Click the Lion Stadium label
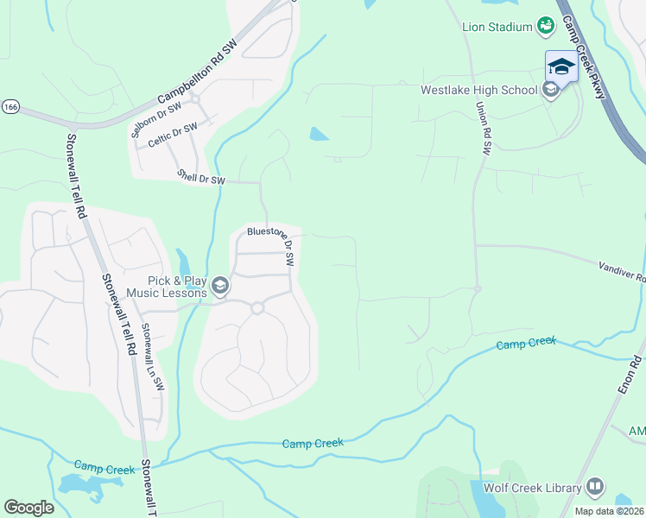(x=496, y=27)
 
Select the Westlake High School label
(x=478, y=90)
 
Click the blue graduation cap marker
(x=561, y=66)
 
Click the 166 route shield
(x=9, y=107)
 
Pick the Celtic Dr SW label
(x=172, y=136)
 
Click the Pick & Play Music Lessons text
(x=166, y=287)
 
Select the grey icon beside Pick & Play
(x=221, y=286)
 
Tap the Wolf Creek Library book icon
(x=595, y=488)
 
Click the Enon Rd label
(x=630, y=377)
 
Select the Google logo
(x=28, y=508)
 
